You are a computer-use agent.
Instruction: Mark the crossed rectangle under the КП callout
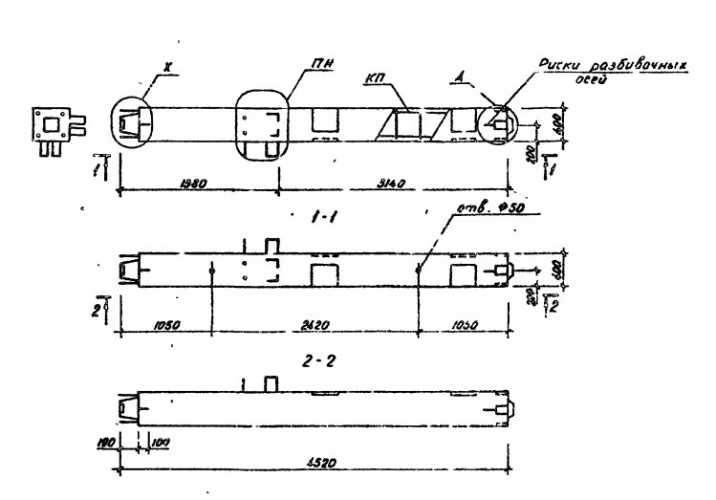tap(411, 125)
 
